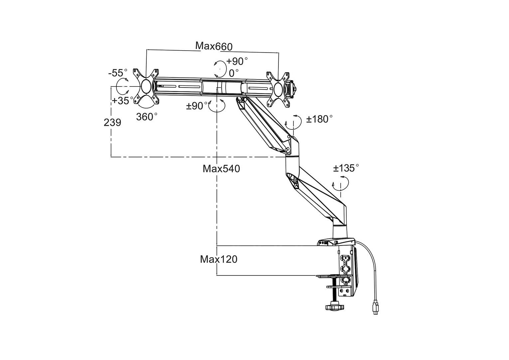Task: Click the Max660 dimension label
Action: (214, 46)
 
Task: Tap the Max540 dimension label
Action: (221, 169)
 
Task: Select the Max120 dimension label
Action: (219, 259)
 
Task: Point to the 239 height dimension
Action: (112, 122)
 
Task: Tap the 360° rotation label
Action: (147, 117)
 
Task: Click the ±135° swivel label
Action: (346, 168)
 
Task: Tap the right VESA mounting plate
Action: (278, 89)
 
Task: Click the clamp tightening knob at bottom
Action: (333, 306)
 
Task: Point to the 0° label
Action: (234, 72)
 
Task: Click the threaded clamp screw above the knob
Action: (333, 293)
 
